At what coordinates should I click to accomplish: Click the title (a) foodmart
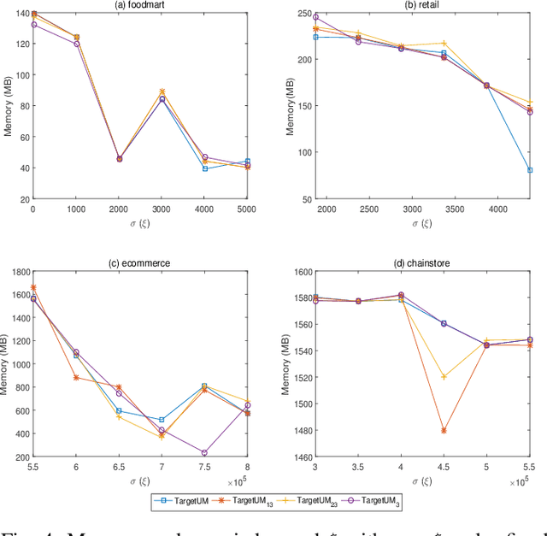[x=141, y=5]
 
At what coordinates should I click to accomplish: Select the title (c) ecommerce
[x=141, y=263]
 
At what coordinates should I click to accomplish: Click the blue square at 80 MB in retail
[x=530, y=170]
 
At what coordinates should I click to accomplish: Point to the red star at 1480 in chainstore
[x=444, y=431]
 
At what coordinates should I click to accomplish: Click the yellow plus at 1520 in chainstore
[x=444, y=377]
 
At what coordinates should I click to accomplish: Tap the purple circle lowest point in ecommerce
[x=204, y=453]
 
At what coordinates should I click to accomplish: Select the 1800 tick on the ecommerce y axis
[x=15, y=272]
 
